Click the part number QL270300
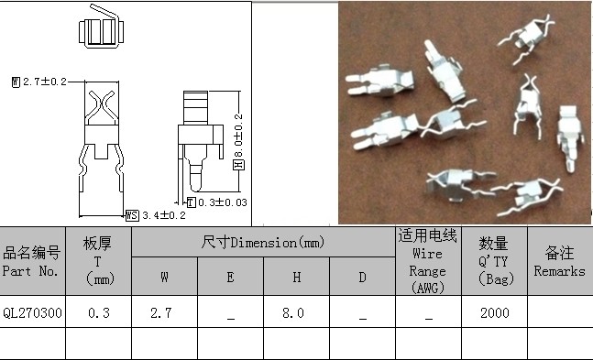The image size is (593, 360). click(x=32, y=312)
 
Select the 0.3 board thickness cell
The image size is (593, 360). click(x=99, y=312)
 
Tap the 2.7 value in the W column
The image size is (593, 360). click(x=160, y=312)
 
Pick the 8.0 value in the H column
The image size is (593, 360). click(x=292, y=312)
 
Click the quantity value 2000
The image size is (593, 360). click(x=495, y=312)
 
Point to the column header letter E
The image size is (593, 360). click(x=230, y=278)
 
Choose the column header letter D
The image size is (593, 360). click(x=362, y=278)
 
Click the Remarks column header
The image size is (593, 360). click(x=559, y=271)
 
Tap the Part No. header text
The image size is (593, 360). click(x=30, y=271)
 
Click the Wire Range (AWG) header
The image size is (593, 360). click(x=427, y=271)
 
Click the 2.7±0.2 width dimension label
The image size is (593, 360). click(x=45, y=82)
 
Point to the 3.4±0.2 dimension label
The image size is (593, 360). click(x=164, y=215)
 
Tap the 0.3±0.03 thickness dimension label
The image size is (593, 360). click(x=223, y=202)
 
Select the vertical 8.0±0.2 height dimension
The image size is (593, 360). click(x=238, y=136)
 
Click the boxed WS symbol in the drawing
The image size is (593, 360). click(x=132, y=215)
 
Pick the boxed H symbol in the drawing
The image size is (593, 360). click(x=238, y=165)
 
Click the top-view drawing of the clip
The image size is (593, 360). click(x=101, y=27)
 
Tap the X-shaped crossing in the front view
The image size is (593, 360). click(x=102, y=105)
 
